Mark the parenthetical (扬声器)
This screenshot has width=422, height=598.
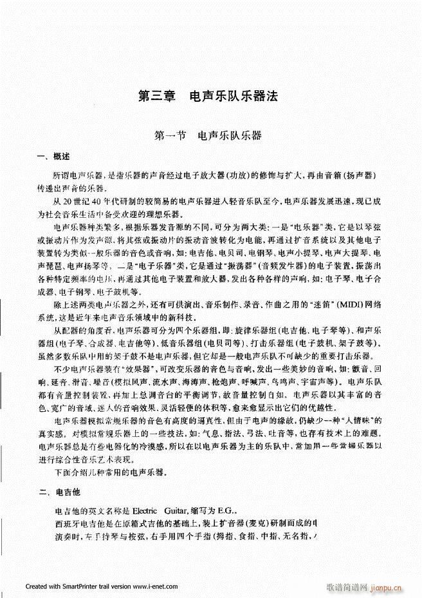pos(360,176)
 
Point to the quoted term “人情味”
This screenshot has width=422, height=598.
pos(359,420)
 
